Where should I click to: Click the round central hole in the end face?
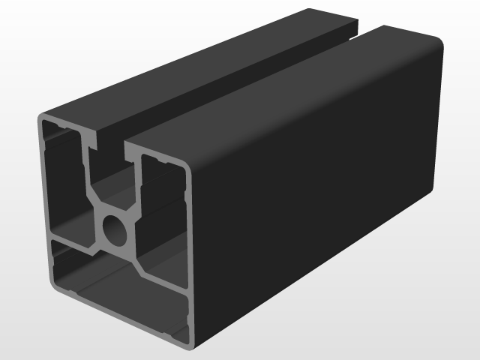tap(115, 230)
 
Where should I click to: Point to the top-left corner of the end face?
tap(41, 120)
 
